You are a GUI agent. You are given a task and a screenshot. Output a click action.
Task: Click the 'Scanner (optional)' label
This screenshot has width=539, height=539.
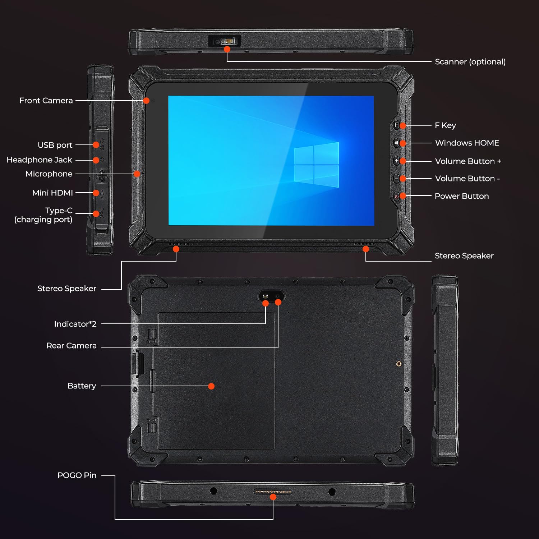(470, 62)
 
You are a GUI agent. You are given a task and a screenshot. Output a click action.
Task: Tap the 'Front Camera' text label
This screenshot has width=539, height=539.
(46, 101)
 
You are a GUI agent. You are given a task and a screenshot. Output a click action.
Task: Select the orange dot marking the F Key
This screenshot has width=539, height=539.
(403, 125)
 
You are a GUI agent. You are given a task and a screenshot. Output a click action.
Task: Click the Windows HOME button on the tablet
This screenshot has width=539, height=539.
(396, 143)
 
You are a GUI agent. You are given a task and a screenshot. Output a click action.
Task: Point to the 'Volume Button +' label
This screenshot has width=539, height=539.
(468, 161)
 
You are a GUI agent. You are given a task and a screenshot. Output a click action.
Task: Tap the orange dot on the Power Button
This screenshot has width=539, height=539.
(403, 196)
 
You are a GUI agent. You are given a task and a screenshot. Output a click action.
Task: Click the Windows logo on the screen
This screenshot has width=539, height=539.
(316, 165)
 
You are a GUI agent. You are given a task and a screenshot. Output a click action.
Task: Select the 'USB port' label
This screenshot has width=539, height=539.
(55, 145)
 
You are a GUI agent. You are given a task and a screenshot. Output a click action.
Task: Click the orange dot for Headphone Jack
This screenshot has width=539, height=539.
(96, 160)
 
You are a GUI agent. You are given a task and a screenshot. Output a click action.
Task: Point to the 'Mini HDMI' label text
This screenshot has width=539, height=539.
(52, 193)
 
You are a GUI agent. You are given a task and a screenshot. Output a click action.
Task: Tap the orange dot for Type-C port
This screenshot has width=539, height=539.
(96, 214)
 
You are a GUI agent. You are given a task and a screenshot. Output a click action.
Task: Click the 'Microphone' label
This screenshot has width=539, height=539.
(49, 174)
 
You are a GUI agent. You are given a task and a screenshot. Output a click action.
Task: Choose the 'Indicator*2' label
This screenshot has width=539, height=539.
(75, 324)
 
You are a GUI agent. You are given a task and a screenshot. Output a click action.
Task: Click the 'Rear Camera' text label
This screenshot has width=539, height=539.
(72, 346)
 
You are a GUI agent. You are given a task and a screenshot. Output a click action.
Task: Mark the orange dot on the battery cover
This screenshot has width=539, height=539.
(211, 386)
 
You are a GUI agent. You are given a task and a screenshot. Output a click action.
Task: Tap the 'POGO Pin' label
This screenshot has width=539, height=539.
(77, 475)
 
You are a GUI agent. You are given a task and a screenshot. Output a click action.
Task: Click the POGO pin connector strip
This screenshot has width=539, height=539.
(273, 491)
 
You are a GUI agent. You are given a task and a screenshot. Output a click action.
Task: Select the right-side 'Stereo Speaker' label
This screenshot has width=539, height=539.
(464, 256)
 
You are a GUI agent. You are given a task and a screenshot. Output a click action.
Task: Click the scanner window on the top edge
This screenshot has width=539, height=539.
(225, 41)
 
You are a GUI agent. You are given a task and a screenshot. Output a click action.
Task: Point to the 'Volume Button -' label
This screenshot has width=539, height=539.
(467, 179)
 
